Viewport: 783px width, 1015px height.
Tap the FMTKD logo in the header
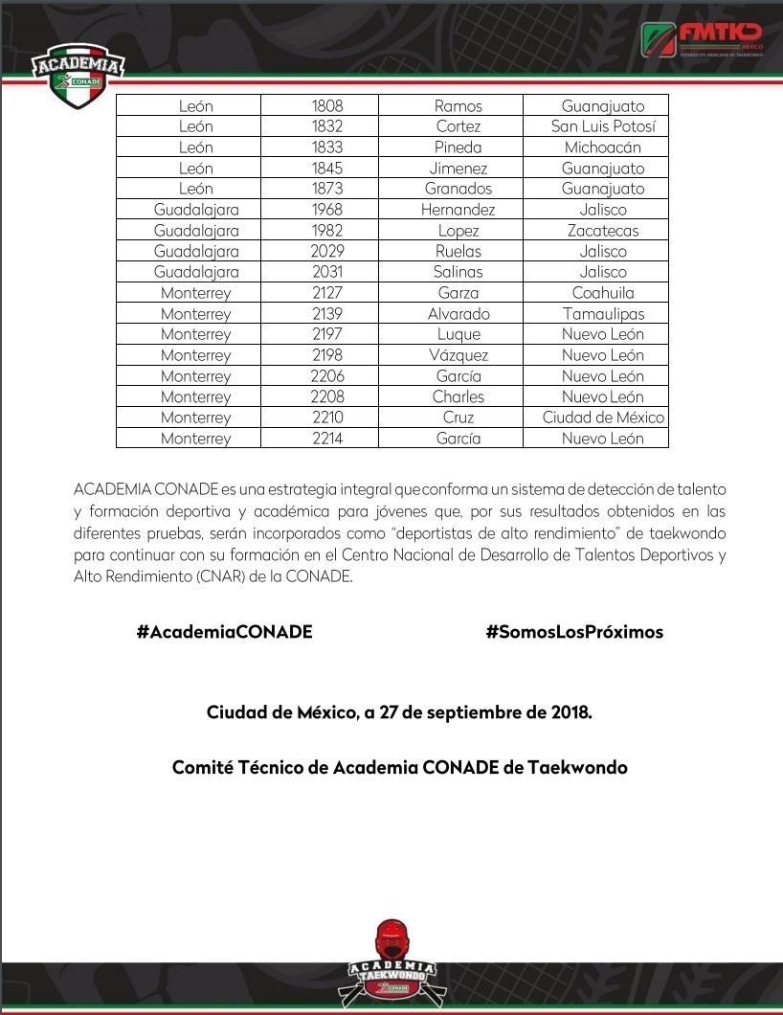(x=702, y=40)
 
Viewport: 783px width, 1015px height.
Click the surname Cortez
(x=459, y=126)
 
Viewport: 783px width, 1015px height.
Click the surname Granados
(x=459, y=189)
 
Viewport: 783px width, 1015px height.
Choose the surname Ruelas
(x=459, y=252)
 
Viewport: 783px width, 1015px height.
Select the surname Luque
(x=459, y=334)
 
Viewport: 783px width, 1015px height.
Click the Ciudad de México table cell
(x=603, y=417)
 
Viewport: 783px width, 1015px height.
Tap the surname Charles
(x=459, y=396)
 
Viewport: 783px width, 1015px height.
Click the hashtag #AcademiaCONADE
(x=224, y=632)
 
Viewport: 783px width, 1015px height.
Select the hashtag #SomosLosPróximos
(x=574, y=632)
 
